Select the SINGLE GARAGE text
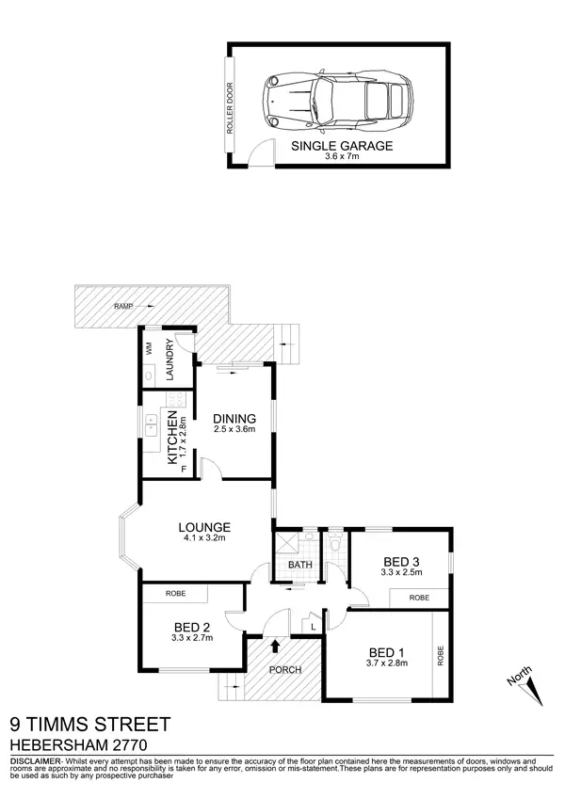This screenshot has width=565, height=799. [341, 147]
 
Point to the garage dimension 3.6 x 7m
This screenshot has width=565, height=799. [341, 158]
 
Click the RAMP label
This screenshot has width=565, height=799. [122, 307]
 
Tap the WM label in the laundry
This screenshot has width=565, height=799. [149, 347]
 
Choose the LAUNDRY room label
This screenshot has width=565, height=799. [171, 360]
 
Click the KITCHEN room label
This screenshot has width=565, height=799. [172, 439]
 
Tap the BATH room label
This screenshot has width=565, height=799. [299, 565]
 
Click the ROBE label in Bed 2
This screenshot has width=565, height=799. [175, 594]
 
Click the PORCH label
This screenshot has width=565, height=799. [284, 670]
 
